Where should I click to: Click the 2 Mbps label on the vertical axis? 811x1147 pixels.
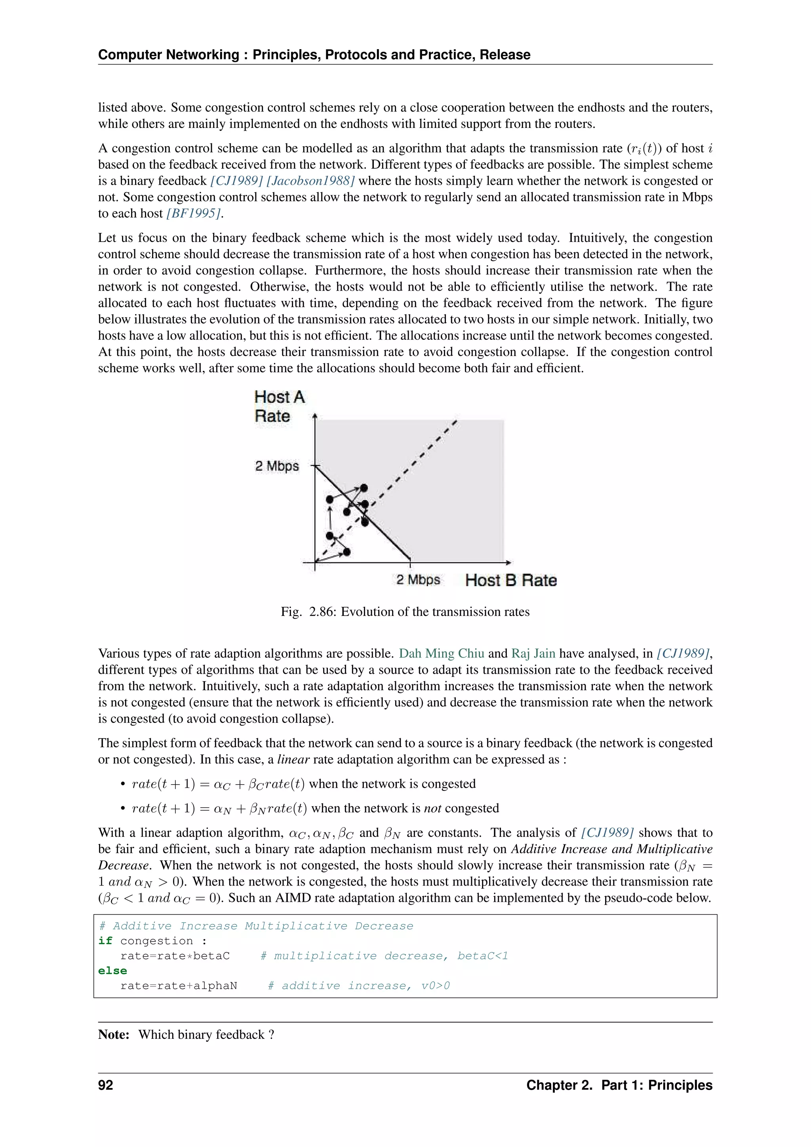pos(277,466)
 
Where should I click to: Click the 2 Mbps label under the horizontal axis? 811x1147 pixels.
pos(418,579)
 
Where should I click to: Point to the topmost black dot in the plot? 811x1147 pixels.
pos(364,488)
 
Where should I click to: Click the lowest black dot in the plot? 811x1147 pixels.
pos(346,552)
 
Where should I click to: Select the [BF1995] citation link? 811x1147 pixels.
pos(193,213)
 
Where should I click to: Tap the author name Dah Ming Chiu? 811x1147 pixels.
pos(441,654)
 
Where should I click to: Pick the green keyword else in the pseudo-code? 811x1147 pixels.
pos(112,971)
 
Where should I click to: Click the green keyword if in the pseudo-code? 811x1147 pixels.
pos(105,941)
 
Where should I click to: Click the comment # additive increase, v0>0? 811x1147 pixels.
pos(358,986)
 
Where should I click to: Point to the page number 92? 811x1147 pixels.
pos(106,1085)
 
